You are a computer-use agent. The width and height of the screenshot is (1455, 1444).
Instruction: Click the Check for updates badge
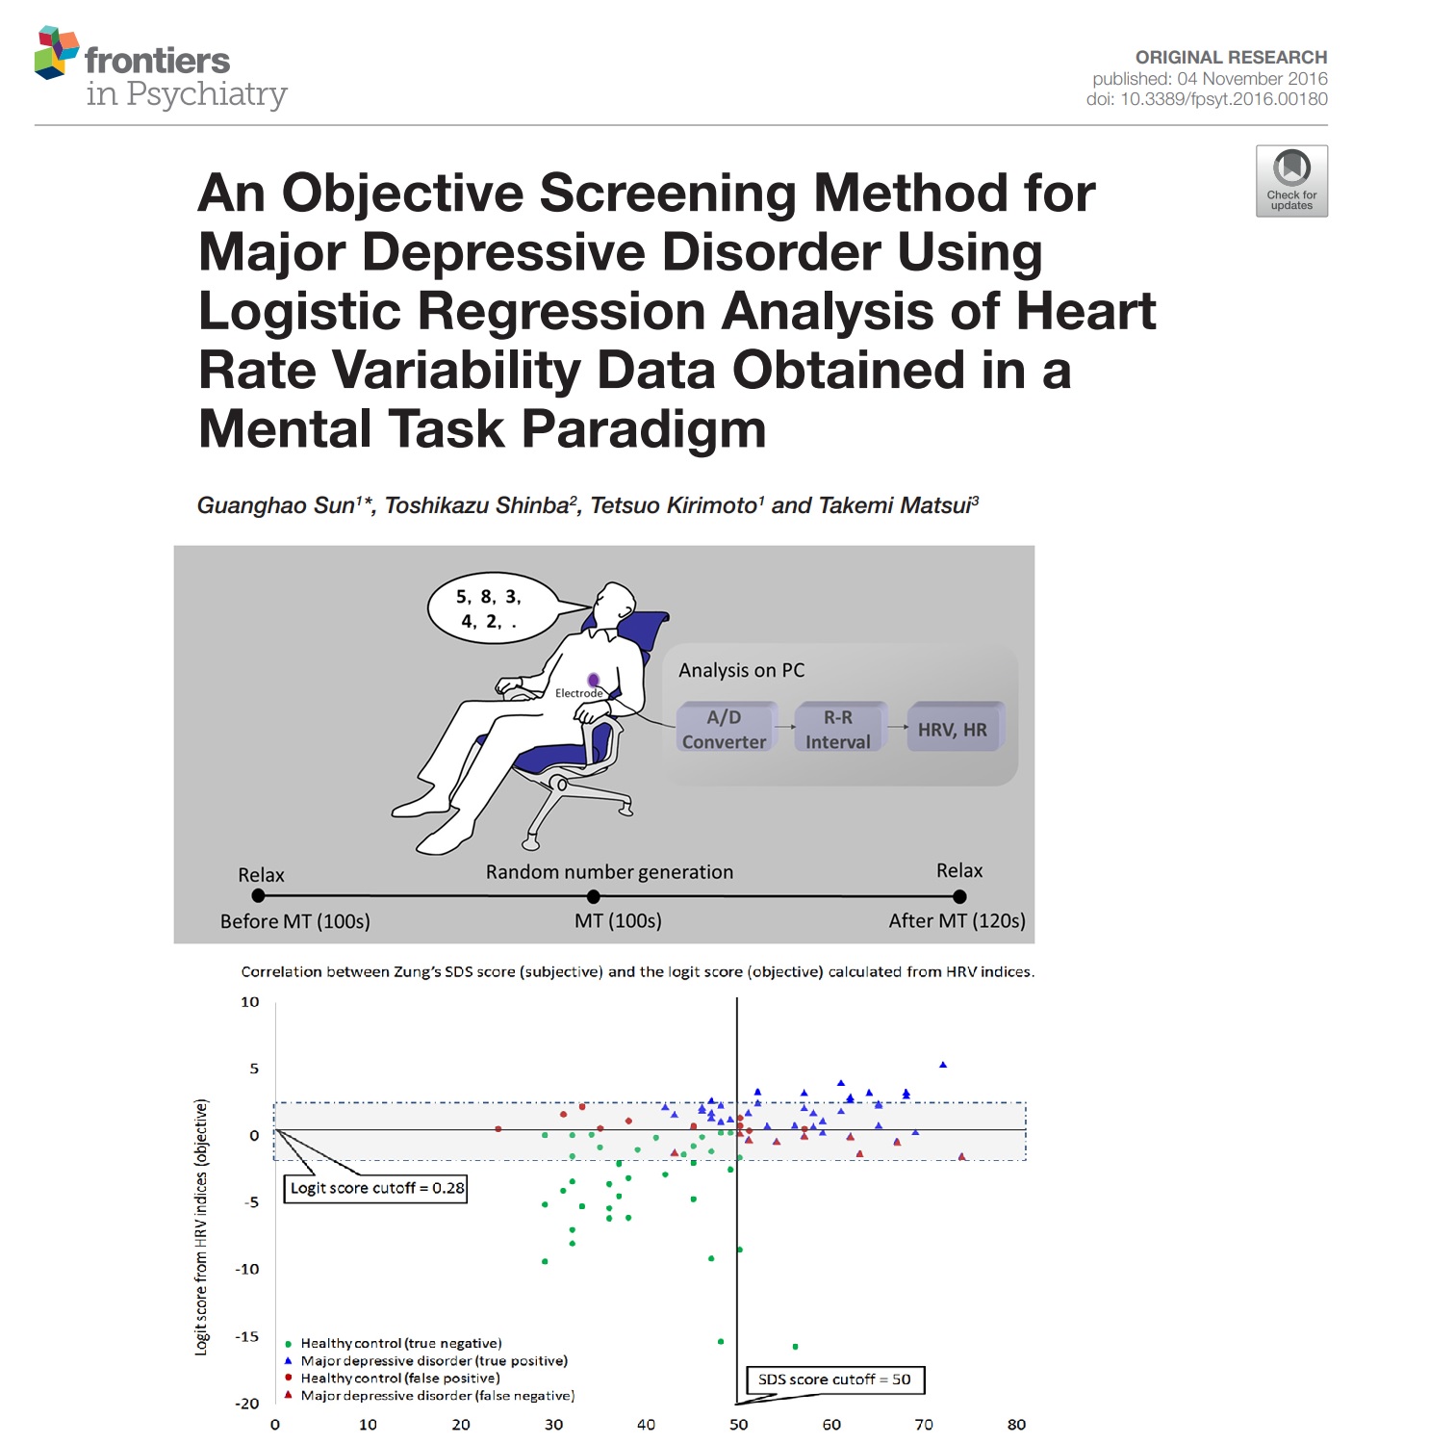(1291, 181)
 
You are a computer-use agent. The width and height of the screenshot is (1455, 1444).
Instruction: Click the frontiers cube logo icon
(56, 53)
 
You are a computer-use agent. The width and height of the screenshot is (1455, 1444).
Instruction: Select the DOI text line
(1207, 99)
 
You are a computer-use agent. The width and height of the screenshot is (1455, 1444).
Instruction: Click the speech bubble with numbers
(491, 609)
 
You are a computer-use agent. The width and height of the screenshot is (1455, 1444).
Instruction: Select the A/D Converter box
(725, 729)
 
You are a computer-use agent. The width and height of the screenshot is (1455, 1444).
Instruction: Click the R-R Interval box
(837, 729)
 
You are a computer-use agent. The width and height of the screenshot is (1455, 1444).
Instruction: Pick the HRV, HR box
(953, 729)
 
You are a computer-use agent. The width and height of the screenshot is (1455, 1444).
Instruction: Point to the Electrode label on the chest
(578, 693)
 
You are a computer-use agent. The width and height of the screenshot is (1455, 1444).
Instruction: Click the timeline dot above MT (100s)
(594, 896)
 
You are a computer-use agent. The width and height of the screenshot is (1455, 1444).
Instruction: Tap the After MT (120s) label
(957, 921)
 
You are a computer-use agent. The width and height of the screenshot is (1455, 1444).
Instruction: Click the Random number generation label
(609, 872)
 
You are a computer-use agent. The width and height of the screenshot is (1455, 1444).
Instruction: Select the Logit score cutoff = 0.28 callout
(376, 1188)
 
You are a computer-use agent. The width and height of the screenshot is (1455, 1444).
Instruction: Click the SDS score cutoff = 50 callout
(834, 1380)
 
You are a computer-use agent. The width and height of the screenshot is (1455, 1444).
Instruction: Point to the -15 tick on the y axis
(248, 1336)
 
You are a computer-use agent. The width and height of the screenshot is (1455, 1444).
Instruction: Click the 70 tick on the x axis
(924, 1425)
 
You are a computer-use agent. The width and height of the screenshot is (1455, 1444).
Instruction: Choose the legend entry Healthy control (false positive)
(399, 1378)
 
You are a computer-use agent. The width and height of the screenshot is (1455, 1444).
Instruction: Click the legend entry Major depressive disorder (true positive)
(433, 1360)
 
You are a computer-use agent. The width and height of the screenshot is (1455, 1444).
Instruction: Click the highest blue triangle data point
(943, 1065)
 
